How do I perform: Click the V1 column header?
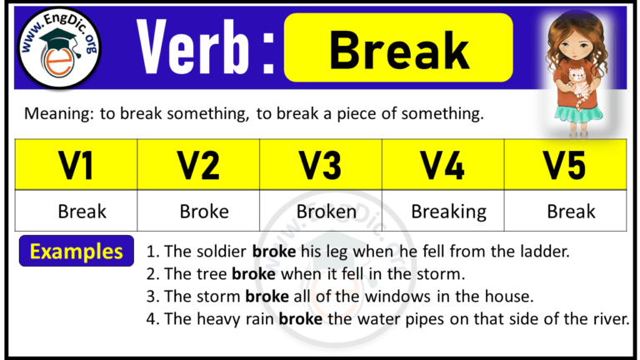tap(77, 166)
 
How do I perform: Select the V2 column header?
tap(199, 166)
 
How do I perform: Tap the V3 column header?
tap(322, 166)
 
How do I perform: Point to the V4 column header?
tap(443, 166)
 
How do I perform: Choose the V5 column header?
tap(566, 166)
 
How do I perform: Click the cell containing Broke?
tap(203, 211)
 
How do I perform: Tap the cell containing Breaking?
tap(448, 211)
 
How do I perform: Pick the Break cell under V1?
tap(82, 211)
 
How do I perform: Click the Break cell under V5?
tap(571, 211)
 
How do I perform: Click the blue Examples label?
tap(77, 251)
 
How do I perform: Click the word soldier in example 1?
tap(221, 251)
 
